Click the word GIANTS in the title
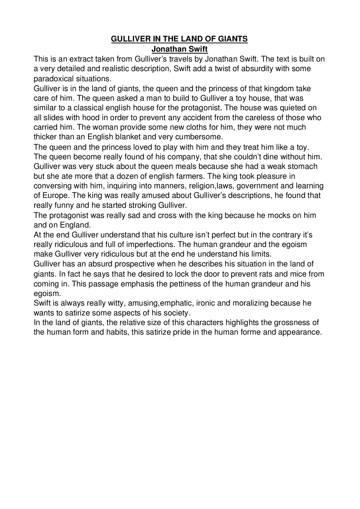[233, 39]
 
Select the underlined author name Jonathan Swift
[179, 49]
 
